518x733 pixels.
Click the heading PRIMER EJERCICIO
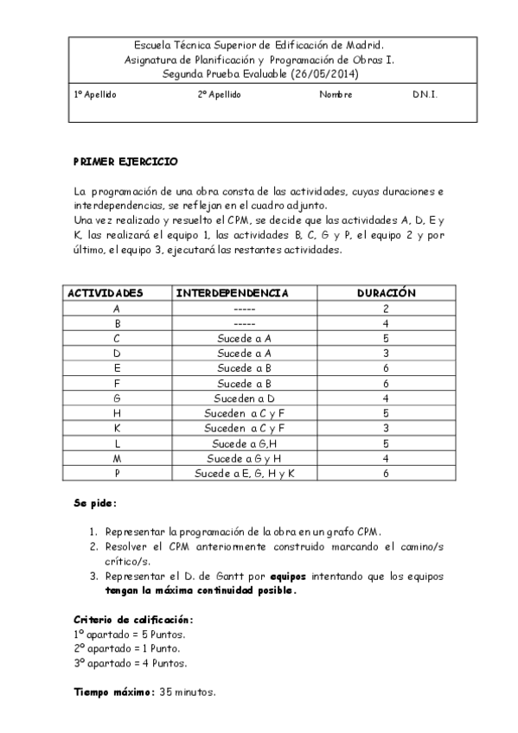(125, 161)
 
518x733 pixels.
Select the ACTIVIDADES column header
(106, 293)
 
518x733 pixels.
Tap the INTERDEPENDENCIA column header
(232, 293)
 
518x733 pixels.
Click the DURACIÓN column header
(387, 293)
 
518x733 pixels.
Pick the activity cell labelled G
(117, 398)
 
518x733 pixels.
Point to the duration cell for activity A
(387, 309)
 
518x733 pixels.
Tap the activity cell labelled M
(117, 458)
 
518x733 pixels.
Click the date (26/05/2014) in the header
(324, 74)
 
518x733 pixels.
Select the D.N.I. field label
(425, 94)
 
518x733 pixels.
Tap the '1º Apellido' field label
(95, 94)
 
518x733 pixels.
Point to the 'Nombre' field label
(336, 94)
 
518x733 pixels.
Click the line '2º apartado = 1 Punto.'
(130, 649)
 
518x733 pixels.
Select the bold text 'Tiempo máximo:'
(114, 692)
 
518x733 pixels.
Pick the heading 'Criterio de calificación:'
(133, 620)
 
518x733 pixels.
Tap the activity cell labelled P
(117, 474)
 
